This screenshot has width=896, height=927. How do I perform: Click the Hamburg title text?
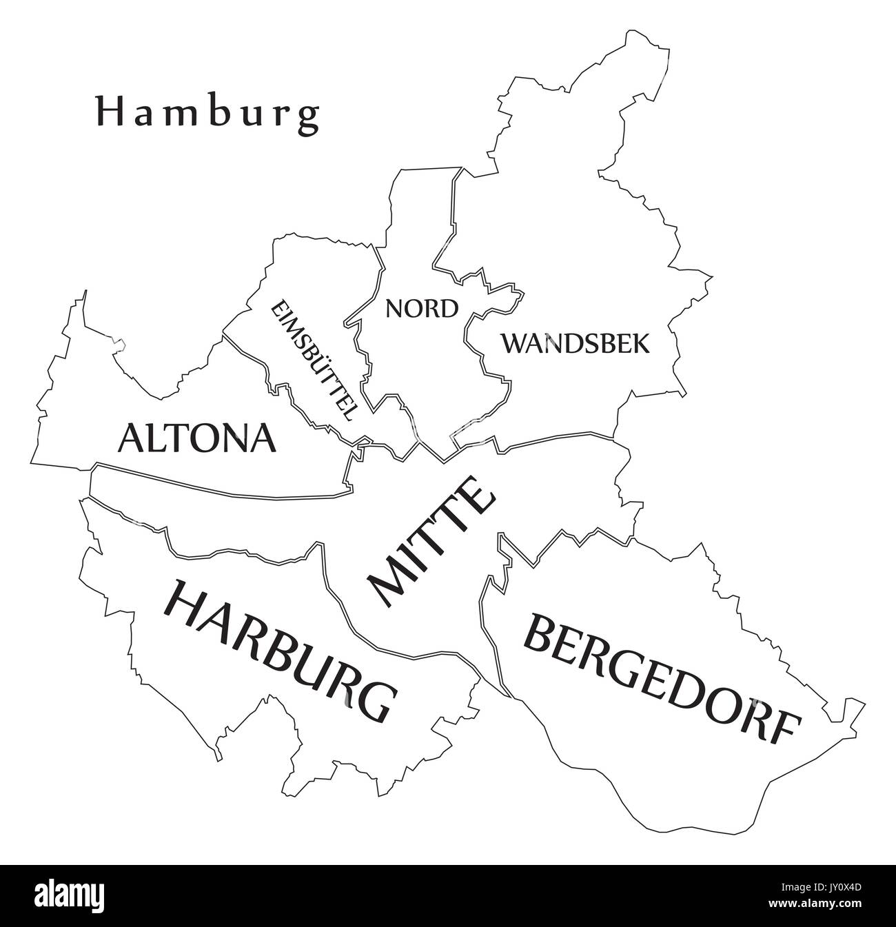(x=207, y=113)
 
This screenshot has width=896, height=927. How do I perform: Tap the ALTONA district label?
(x=197, y=438)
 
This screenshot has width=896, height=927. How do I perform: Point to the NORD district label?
(x=422, y=309)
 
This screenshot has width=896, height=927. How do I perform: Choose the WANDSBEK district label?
(x=575, y=343)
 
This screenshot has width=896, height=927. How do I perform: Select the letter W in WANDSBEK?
(x=513, y=343)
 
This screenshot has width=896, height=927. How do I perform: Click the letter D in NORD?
(x=449, y=309)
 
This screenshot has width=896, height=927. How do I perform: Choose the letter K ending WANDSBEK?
(x=641, y=343)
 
